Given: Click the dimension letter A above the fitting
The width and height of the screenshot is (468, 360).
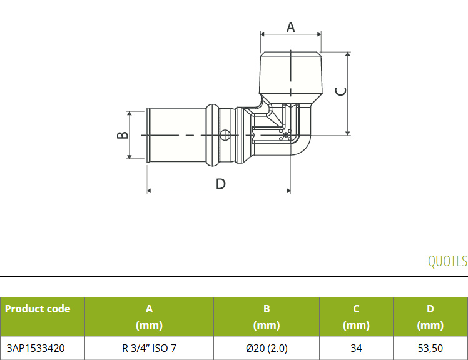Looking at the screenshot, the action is coord(290,27).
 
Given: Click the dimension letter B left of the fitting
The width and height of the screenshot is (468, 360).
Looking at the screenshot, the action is coord(122,135).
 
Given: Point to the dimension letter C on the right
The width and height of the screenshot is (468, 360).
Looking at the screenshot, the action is coord(341,92).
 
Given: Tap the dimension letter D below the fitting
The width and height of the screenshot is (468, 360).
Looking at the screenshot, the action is coord(221,184).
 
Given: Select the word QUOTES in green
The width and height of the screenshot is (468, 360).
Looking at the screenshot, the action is coord(447,261).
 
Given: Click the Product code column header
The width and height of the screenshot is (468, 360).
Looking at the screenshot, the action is coord(38,309).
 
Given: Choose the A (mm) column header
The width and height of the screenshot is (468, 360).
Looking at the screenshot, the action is coord(149,317).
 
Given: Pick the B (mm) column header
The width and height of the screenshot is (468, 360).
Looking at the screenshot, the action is coord(267,317).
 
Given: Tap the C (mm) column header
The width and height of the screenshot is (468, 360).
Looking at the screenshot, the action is coord(356,317).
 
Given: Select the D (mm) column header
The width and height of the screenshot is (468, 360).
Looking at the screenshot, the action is coord(430,317).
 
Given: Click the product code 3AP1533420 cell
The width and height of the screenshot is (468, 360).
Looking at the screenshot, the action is coord(36,348).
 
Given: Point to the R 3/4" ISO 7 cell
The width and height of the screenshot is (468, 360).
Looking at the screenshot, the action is coord(149,348).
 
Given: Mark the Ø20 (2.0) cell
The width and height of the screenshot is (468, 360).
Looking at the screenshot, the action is coord(267,348).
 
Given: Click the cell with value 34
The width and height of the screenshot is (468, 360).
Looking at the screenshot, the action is coord(356,348).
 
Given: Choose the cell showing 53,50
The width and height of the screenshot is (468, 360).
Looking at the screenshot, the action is coord(430,348).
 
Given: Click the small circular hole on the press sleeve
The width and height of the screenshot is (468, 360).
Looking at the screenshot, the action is coord(225,135).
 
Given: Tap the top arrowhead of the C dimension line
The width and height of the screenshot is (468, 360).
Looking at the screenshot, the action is coord(347,54).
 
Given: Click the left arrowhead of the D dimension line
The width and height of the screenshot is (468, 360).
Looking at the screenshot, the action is coord(150,191).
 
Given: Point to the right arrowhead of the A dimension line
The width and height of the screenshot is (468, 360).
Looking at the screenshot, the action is coord(319,34).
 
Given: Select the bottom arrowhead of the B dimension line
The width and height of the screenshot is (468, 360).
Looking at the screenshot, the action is coord(130,156).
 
